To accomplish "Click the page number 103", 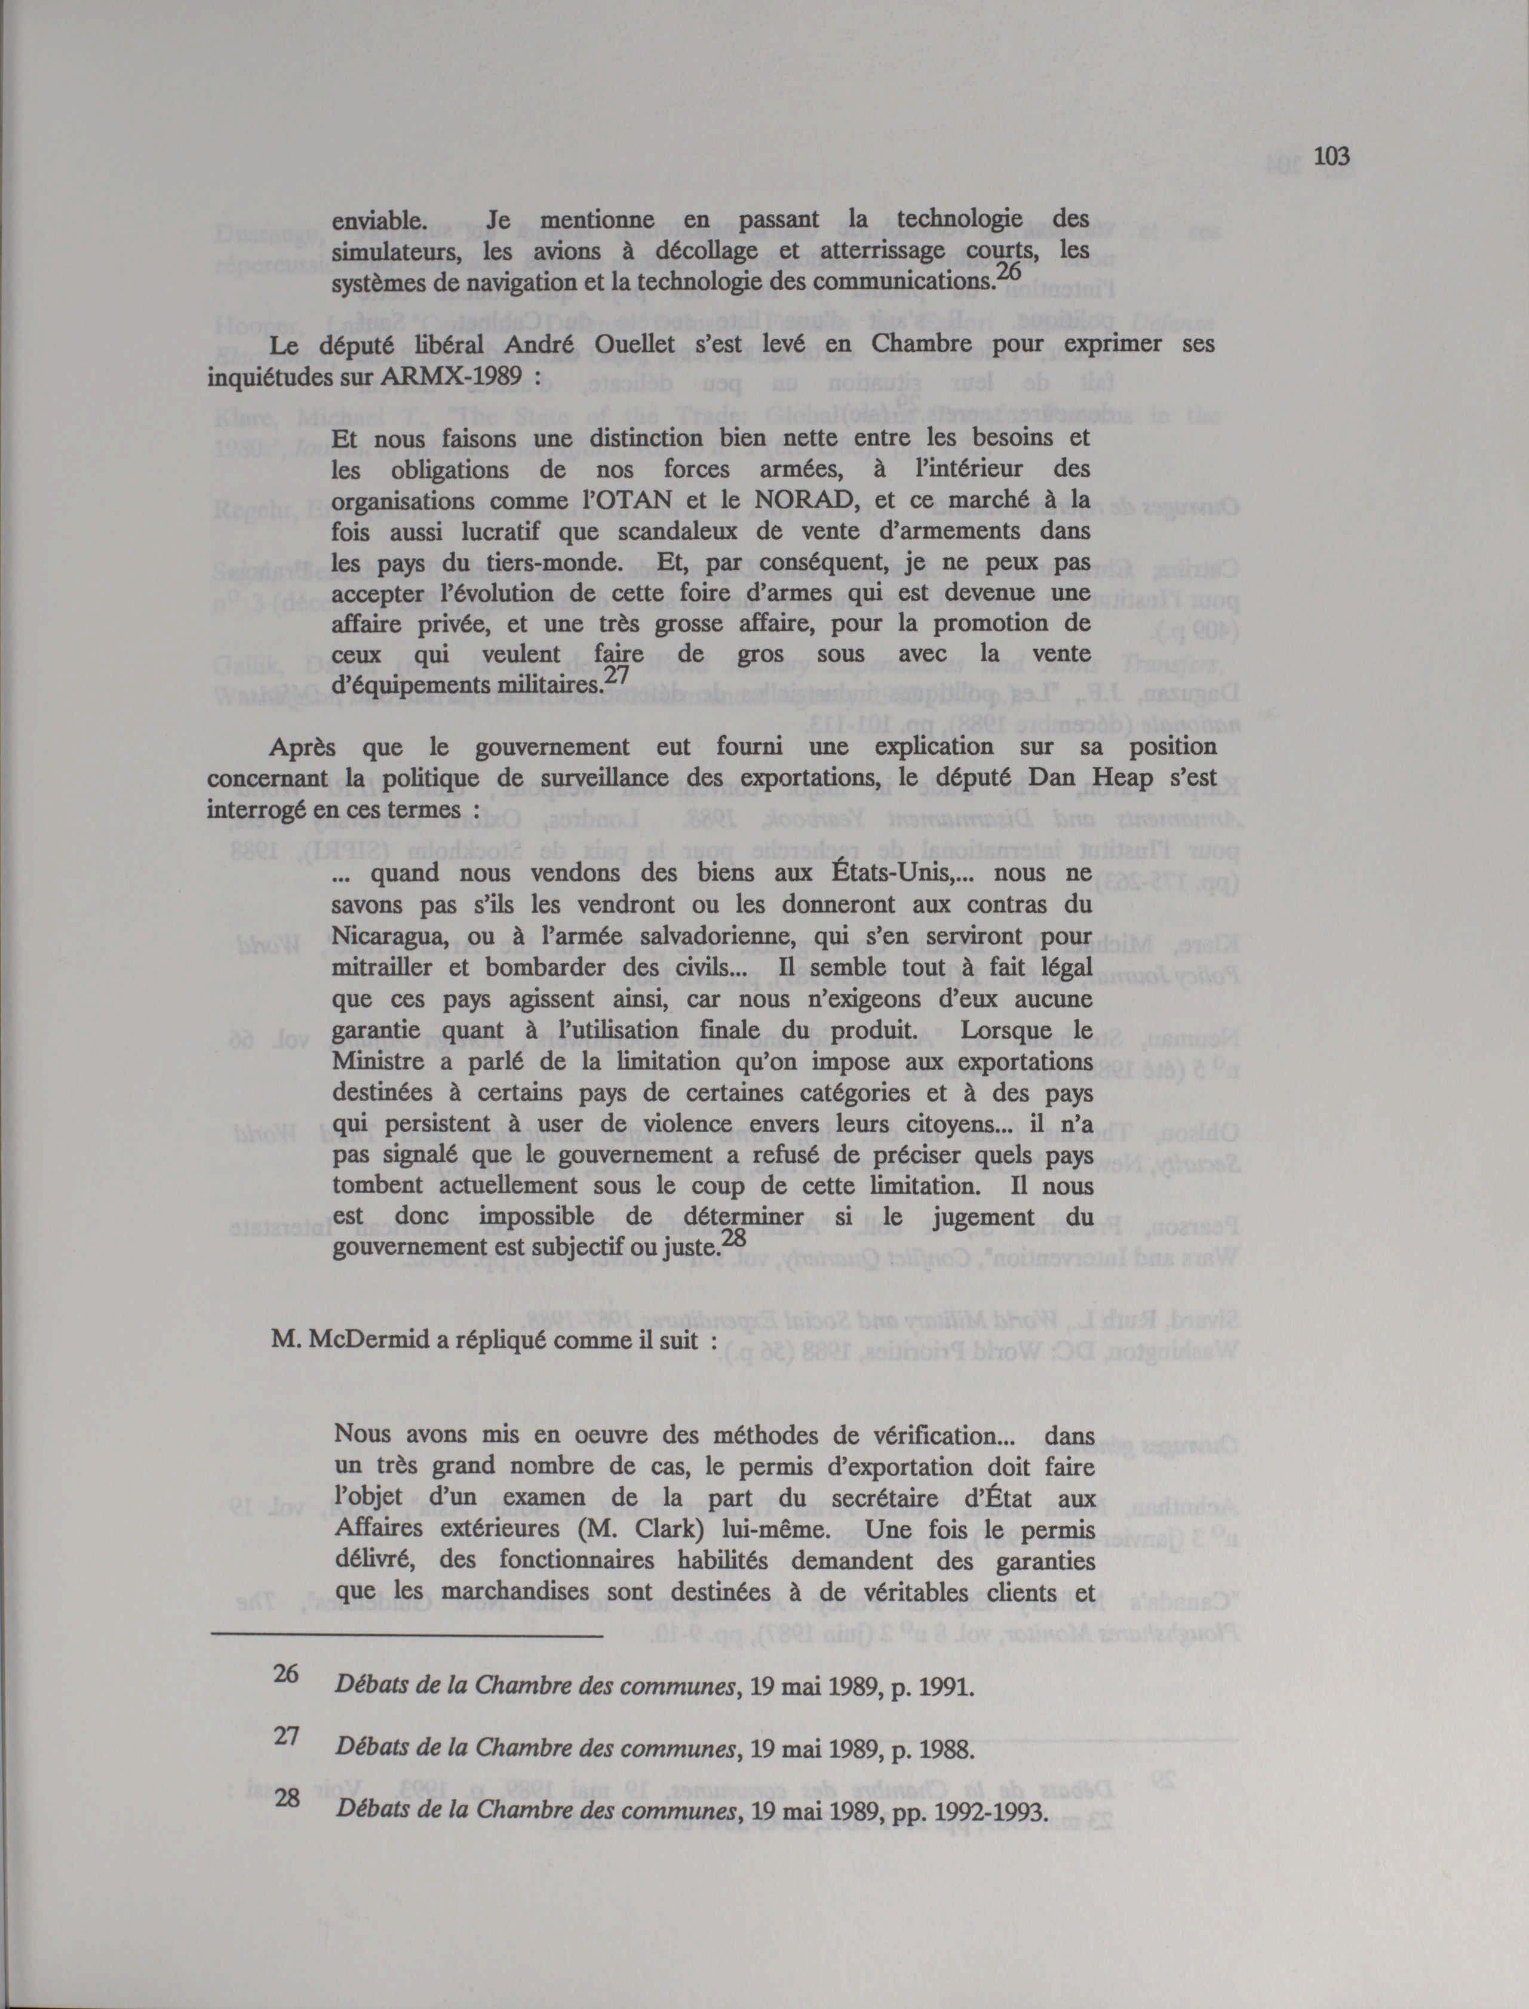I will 1330,156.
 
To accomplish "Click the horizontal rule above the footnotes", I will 406,1637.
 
